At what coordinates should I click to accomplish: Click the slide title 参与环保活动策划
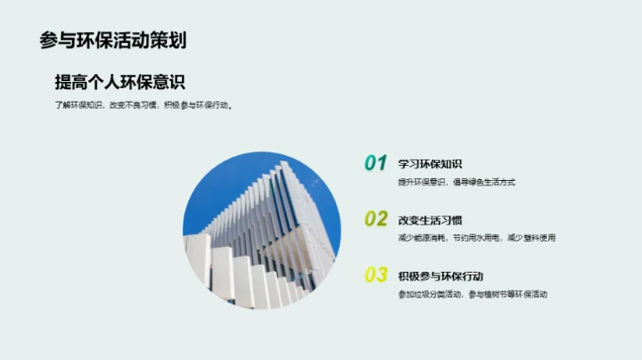pos(112,40)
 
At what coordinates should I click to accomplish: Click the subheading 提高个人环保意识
pos(119,83)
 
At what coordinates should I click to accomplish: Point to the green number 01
pos(375,163)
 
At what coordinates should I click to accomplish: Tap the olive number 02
pos(375,219)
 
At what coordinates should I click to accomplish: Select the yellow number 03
pos(375,275)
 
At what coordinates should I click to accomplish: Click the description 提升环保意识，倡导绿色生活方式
pos(457,182)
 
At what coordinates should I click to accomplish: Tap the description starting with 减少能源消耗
pos(477,238)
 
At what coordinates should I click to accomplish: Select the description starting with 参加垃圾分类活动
pos(473,294)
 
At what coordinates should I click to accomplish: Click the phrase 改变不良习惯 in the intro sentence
pos(133,105)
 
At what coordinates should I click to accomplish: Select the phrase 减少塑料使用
pos(532,238)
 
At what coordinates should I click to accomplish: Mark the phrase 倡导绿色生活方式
pos(485,182)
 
